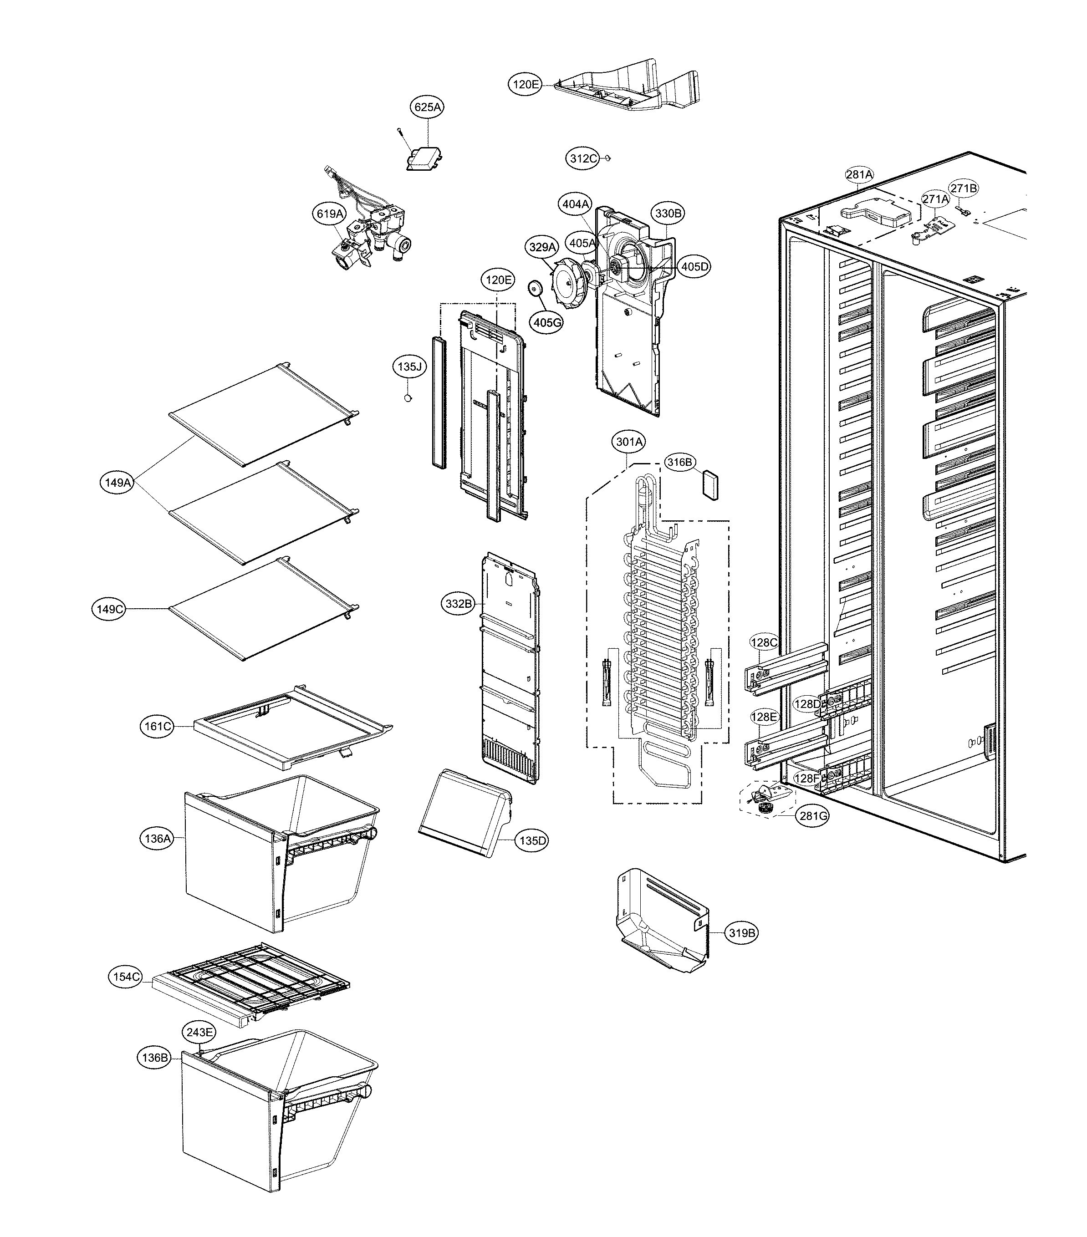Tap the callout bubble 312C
pos(583,158)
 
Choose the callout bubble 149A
pos(117,482)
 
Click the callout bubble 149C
pos(110,609)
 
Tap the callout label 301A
pos(629,442)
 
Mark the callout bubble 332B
pos(458,603)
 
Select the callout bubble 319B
pos(741,932)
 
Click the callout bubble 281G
pos(813,816)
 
